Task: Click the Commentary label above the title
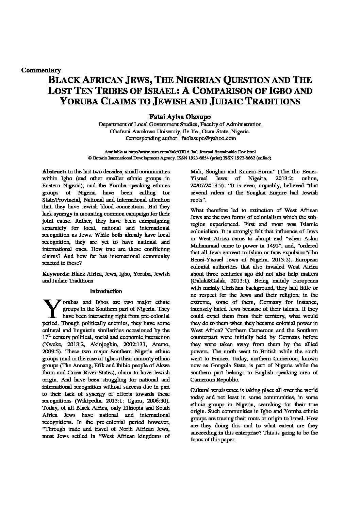pos(41,70)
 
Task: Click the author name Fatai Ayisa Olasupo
pos(180,116)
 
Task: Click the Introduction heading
pos(106,291)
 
